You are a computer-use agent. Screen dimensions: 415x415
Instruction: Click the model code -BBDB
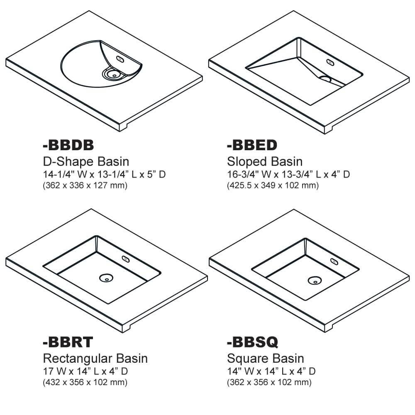click(68, 145)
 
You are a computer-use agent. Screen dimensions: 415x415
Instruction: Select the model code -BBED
click(252, 145)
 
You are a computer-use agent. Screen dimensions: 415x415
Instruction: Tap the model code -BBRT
click(68, 342)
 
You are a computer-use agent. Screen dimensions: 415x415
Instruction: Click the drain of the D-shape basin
click(112, 74)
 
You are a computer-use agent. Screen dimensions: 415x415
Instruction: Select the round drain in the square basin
click(314, 281)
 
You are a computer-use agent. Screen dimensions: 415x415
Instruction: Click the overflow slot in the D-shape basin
click(121, 59)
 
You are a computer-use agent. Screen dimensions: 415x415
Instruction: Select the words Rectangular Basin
click(95, 358)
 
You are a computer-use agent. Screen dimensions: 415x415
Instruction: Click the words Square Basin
click(266, 358)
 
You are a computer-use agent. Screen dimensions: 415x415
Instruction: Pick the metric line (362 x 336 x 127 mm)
click(85, 185)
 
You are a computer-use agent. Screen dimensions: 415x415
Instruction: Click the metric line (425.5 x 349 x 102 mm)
click(273, 185)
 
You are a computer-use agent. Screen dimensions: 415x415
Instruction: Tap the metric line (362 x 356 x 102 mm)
click(269, 382)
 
